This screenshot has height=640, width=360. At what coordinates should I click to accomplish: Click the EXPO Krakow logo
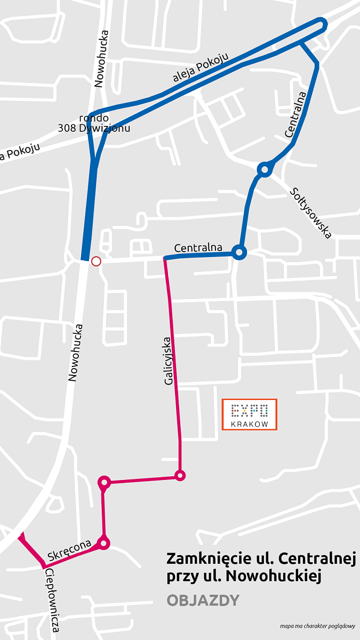click(250, 414)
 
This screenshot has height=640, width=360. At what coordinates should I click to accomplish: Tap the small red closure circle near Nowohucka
click(96, 261)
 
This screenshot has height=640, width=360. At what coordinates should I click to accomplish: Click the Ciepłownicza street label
click(52, 601)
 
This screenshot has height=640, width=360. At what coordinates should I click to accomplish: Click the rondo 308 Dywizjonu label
click(94, 123)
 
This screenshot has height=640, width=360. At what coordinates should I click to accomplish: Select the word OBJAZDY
click(203, 601)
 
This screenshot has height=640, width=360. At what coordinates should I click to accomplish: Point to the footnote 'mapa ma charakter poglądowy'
click(317, 626)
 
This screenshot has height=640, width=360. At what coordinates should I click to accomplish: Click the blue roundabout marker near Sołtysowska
click(265, 170)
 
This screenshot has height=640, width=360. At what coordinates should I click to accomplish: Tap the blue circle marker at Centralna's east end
click(239, 252)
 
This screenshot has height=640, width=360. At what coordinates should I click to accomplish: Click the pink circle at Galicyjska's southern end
click(180, 475)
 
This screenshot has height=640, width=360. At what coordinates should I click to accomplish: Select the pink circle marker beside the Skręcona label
click(104, 543)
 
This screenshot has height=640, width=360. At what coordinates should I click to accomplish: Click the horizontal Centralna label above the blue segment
click(198, 248)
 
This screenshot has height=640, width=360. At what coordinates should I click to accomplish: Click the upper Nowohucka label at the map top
click(101, 59)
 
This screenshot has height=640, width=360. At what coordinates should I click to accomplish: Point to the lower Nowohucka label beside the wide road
click(74, 353)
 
